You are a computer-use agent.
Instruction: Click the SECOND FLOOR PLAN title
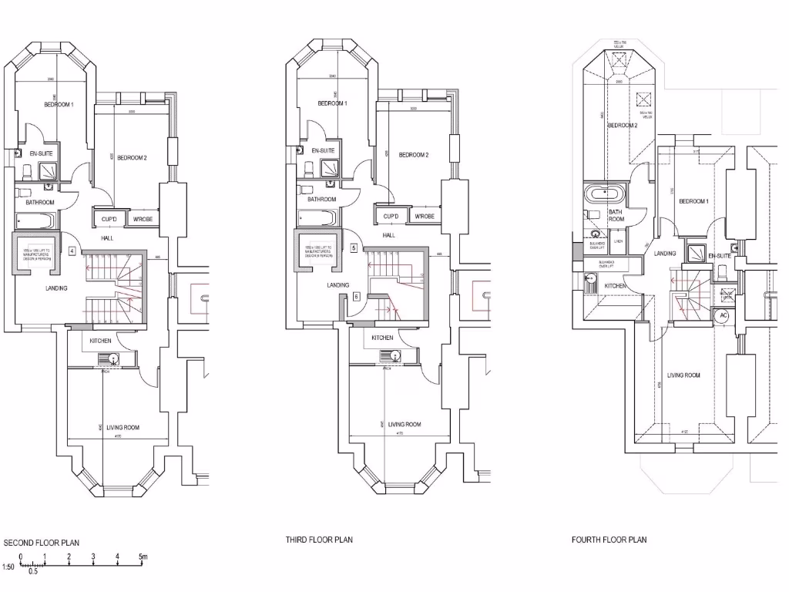pyautogui.click(x=42, y=543)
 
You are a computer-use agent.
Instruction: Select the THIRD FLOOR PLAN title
pyautogui.click(x=319, y=540)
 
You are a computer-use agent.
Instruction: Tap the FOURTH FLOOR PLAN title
pyautogui.click(x=609, y=540)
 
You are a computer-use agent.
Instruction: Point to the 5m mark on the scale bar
pyautogui.click(x=143, y=557)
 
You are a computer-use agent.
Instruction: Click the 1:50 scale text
pyautogui.click(x=8, y=567)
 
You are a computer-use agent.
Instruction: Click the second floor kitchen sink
pyautogui.click(x=112, y=358)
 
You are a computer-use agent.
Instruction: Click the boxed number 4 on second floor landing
pyautogui.click(x=71, y=251)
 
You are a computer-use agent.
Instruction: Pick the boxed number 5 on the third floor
pyautogui.click(x=354, y=248)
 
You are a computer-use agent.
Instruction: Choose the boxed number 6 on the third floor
pyautogui.click(x=357, y=295)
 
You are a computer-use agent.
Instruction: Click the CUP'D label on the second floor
pyautogui.click(x=109, y=220)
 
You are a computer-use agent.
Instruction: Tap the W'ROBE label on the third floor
pyautogui.click(x=425, y=217)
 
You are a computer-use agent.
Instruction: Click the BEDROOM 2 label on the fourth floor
pyautogui.click(x=622, y=125)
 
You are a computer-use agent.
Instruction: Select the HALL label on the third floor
pyautogui.click(x=389, y=235)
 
